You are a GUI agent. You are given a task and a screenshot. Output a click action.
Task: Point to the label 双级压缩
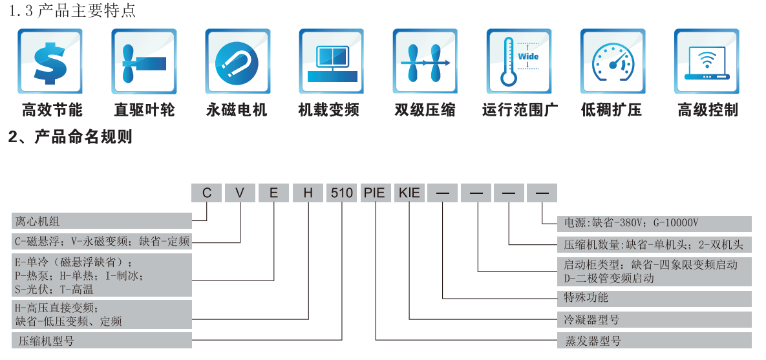(425, 110)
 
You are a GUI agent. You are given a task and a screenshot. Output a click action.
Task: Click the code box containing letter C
(207, 193)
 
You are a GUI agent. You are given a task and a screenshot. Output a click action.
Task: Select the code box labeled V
(240, 193)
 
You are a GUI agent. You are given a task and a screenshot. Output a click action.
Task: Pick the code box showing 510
(341, 193)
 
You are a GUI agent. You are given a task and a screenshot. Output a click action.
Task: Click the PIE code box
(375, 193)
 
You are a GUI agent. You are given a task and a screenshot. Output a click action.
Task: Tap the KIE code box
(409, 193)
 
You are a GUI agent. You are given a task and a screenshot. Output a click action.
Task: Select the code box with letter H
(308, 193)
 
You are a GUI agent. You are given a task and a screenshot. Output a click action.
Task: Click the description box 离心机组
(101, 221)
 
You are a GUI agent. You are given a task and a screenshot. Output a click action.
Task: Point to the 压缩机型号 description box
(101, 340)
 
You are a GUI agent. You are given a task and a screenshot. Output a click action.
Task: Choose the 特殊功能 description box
(654, 298)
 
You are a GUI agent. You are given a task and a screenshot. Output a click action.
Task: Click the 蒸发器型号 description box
(654, 340)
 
